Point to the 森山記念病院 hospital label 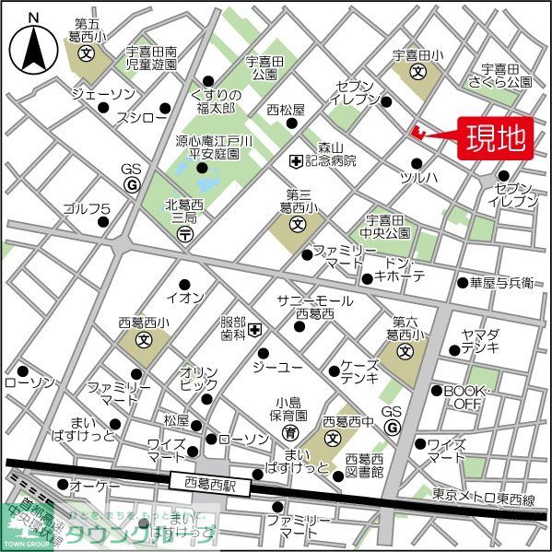(336, 154)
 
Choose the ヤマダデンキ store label (481, 341)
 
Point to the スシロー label (143, 118)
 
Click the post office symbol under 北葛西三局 (184, 236)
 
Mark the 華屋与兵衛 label (501, 282)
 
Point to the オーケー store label (92, 485)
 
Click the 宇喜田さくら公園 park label (500, 75)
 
